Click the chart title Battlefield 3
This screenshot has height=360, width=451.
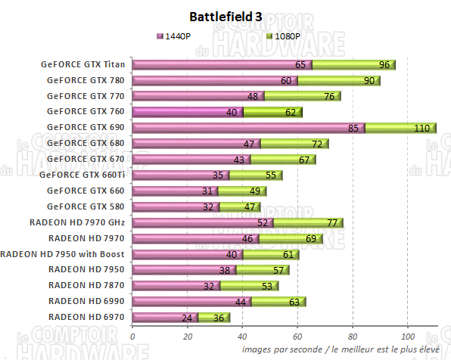pos(226,17)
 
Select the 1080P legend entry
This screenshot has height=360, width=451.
pos(285,36)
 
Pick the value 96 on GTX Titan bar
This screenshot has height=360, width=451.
pos(384,65)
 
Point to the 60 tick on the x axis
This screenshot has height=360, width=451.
pos(297,335)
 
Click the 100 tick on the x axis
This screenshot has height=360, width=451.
pos(407,335)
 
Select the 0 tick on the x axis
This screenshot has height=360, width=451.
pos(132,335)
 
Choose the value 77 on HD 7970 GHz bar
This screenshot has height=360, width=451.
pos(332,223)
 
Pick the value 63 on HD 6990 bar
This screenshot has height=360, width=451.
pos(294,302)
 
